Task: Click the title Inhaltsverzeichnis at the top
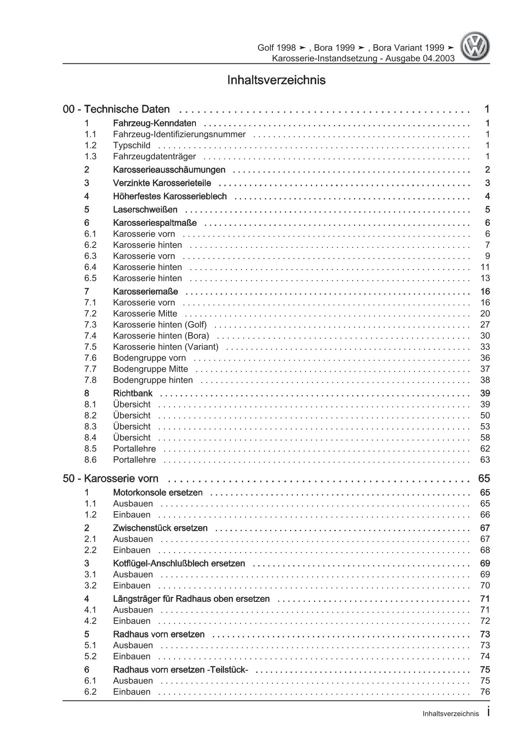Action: click(276, 80)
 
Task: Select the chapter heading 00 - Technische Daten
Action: click(116, 109)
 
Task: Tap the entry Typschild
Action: click(132, 145)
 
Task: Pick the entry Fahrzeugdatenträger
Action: click(154, 157)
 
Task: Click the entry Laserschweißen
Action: click(145, 210)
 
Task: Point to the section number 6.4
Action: click(90, 267)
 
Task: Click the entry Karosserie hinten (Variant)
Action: click(166, 347)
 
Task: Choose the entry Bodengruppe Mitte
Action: click(150, 369)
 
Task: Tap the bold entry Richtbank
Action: click(132, 393)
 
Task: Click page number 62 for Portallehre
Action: click(485, 449)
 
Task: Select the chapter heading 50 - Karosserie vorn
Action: click(111, 478)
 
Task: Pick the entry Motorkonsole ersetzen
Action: click(158, 493)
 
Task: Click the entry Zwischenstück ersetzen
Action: click(160, 528)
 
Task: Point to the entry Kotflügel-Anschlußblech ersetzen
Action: click(179, 564)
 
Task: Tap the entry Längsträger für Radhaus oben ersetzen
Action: click(191, 599)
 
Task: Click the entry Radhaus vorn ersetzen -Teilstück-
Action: click(181, 670)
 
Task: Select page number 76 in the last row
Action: click(485, 692)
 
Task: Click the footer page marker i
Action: click(488, 713)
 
